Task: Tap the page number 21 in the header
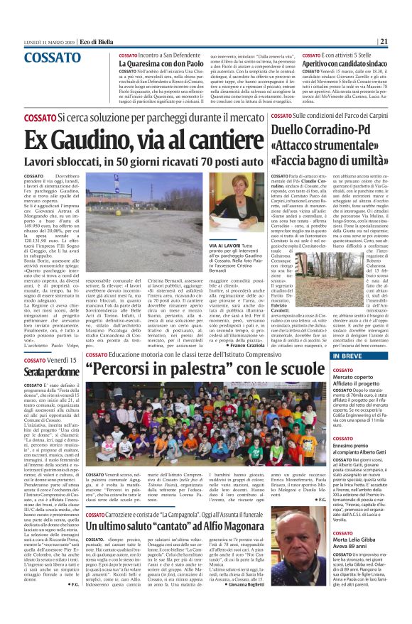[x=402, y=41]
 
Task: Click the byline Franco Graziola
[x=238, y=345]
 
